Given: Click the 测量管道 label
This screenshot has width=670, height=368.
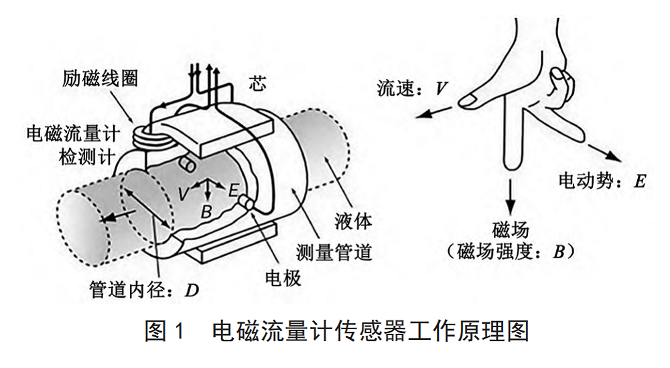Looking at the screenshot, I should pos(334,252).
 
